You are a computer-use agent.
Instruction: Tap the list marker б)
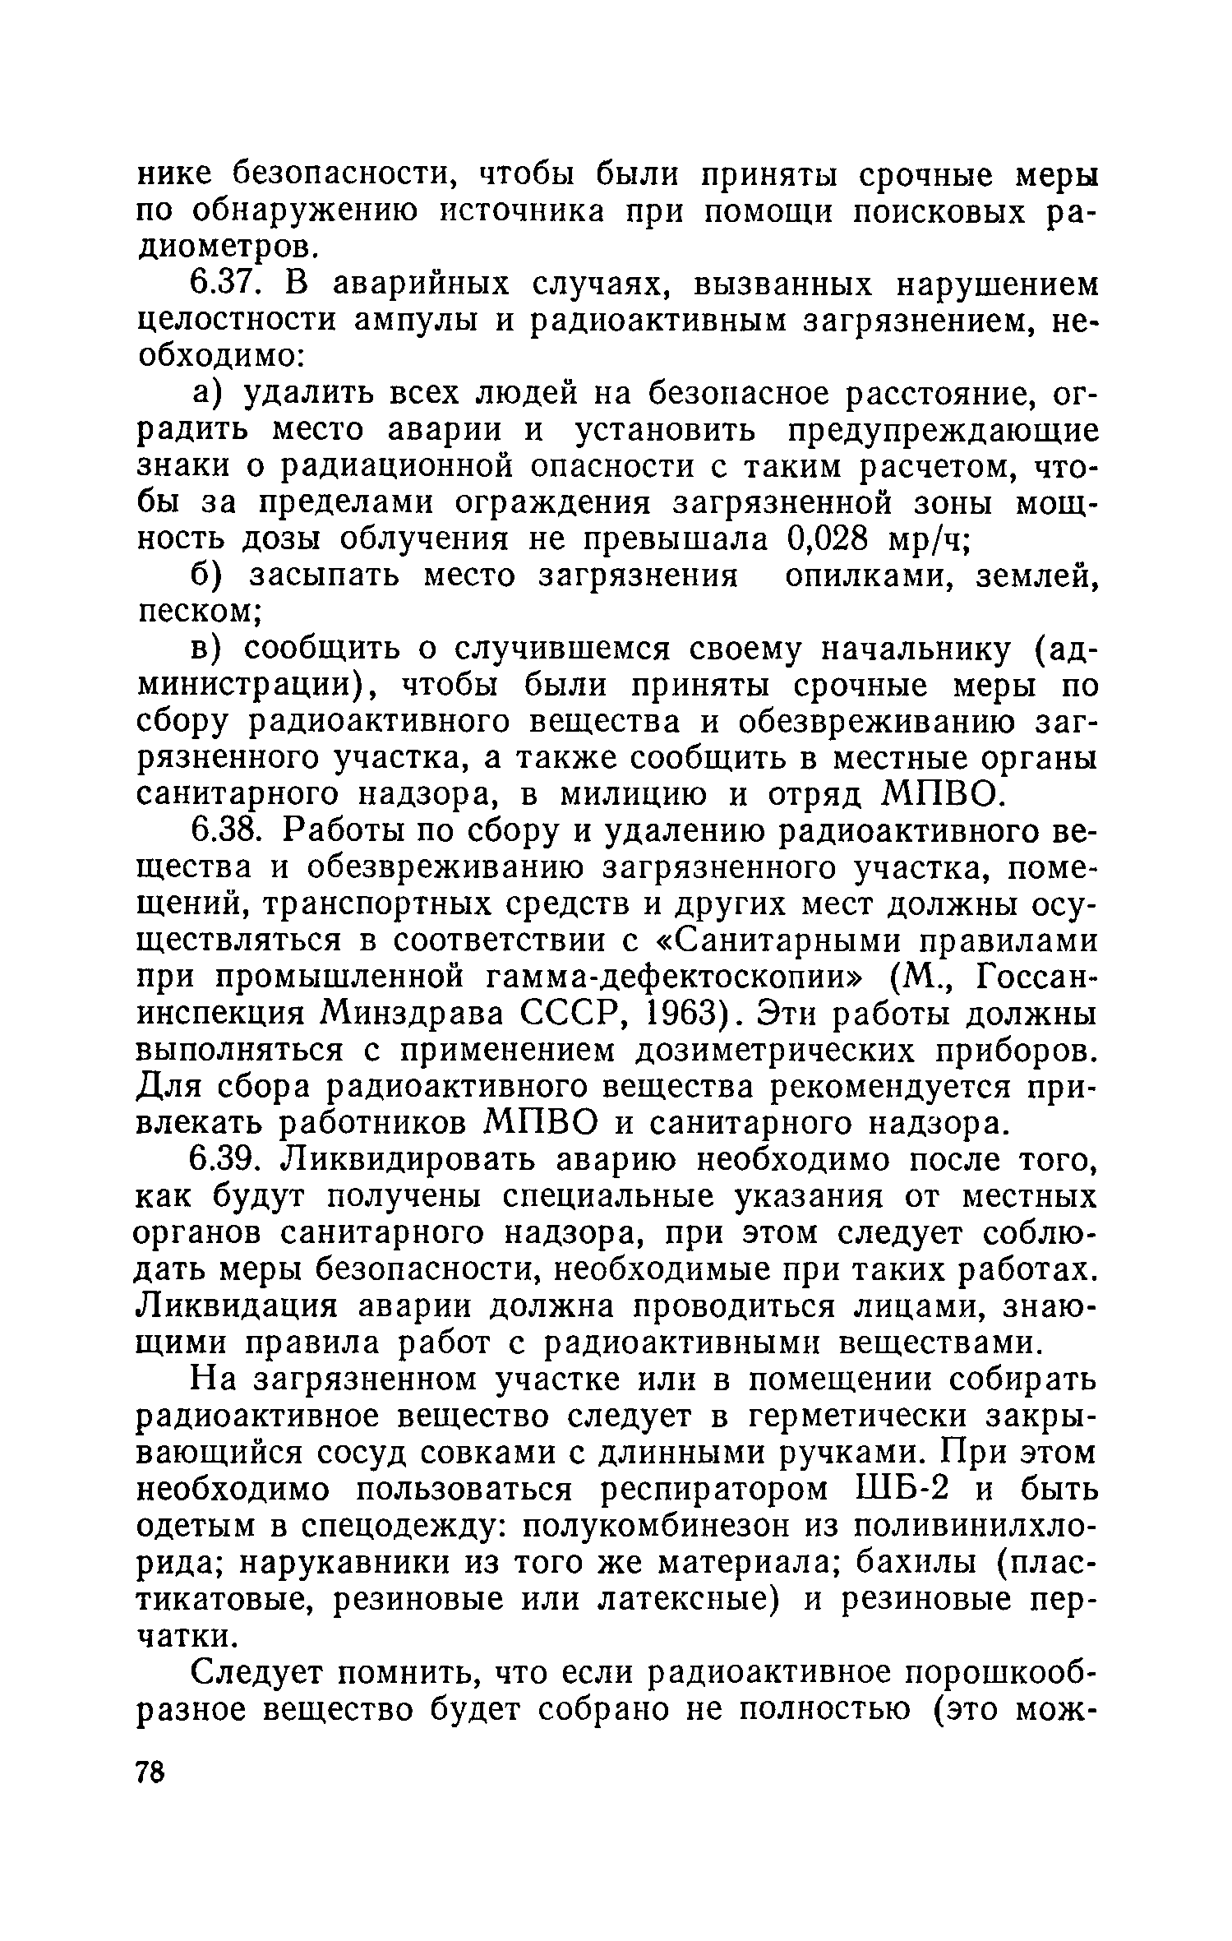pos(213,576)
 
